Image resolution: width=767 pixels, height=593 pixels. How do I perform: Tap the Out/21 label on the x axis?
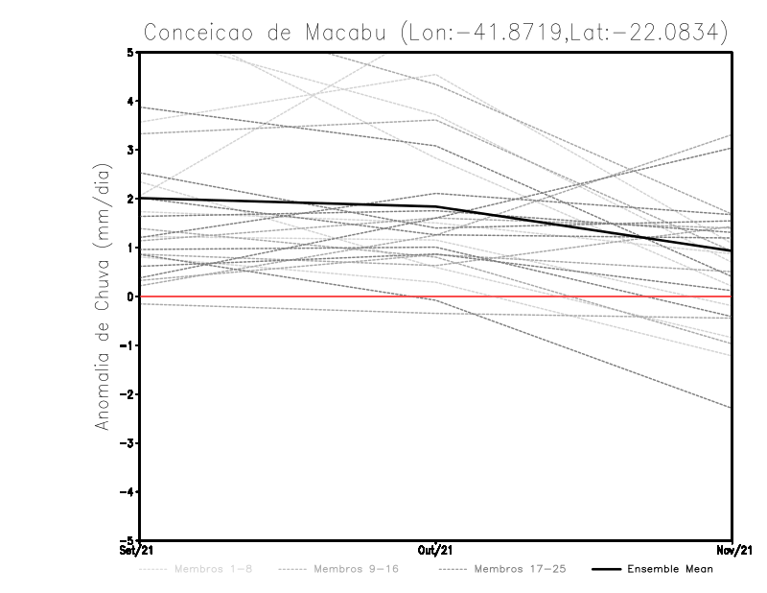[436, 551]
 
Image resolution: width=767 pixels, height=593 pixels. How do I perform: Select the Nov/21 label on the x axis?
[732, 551]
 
